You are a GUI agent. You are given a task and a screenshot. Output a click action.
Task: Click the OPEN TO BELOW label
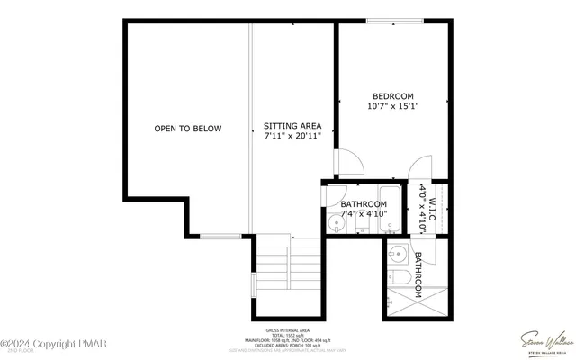pos(187,129)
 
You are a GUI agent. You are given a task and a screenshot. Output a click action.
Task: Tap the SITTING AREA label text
pos(292,126)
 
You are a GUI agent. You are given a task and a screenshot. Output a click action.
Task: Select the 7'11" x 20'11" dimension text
pos(292,136)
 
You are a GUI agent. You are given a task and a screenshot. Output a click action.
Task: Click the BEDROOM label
pos(393,96)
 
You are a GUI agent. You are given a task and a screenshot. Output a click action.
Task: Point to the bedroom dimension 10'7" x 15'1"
pos(393,107)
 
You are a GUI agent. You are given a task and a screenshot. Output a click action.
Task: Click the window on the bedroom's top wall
pos(394,20)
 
